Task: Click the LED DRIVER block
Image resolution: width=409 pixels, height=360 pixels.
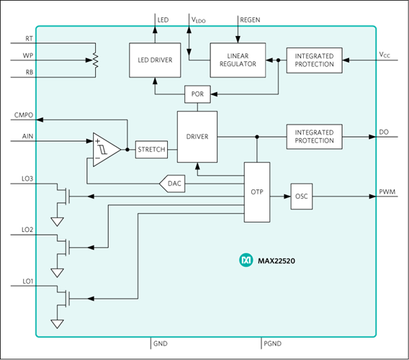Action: pyautogui.click(x=155, y=60)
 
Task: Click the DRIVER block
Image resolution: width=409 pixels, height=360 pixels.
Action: pyautogui.click(x=197, y=137)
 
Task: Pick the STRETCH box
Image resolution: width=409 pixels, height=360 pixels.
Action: pyautogui.click(x=151, y=150)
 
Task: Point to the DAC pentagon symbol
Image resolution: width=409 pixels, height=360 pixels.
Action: pyautogui.click(x=173, y=184)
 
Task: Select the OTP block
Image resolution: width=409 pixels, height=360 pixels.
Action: pyautogui.click(x=256, y=192)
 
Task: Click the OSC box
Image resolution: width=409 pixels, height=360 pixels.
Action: pyautogui.click(x=302, y=196)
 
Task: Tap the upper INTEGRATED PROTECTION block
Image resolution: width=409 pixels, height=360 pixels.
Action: pyautogui.click(x=314, y=60)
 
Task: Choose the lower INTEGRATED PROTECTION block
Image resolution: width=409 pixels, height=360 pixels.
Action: pyautogui.click(x=314, y=137)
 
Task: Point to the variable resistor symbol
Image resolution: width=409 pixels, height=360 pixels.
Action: pyautogui.click(x=95, y=60)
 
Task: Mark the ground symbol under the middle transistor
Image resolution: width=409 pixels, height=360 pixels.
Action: pyautogui.click(x=58, y=272)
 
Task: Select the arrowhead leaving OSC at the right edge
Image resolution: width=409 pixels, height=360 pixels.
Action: pyautogui.click(x=372, y=196)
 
